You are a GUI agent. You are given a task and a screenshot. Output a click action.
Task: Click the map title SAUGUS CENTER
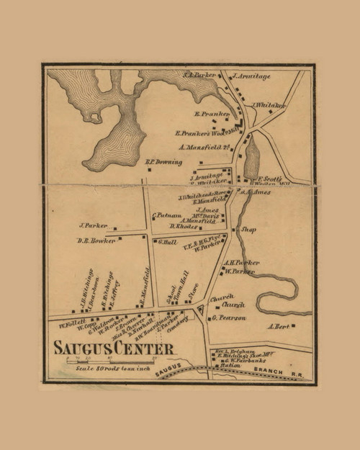113,348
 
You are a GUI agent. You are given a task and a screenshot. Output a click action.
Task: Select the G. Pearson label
229,318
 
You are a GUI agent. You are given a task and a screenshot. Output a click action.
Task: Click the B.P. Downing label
163,162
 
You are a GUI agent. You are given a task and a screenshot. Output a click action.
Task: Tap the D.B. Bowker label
96,240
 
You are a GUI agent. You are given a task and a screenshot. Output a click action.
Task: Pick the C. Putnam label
165,215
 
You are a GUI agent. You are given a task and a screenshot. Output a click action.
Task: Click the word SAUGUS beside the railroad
166,368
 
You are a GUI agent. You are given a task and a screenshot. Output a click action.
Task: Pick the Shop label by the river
248,230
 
